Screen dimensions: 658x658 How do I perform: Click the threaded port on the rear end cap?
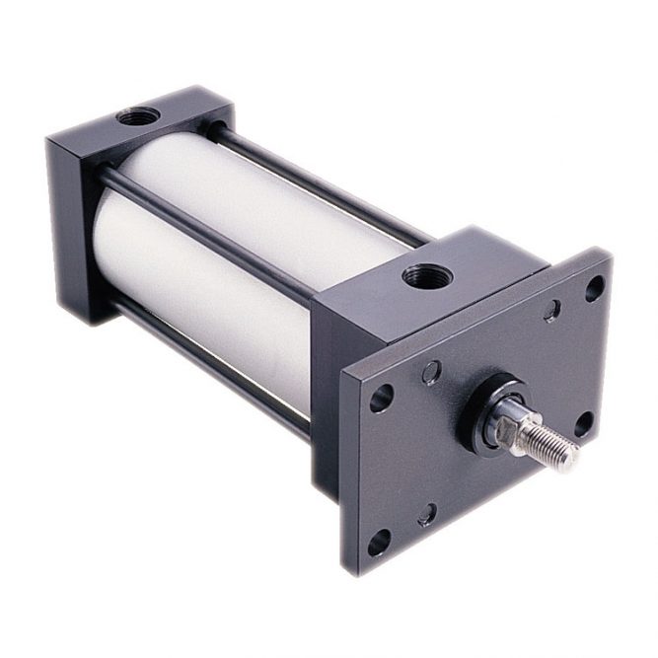[138, 116]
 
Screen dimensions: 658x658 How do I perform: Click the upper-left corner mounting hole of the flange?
[382, 398]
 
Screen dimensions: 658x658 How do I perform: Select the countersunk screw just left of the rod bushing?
[431, 372]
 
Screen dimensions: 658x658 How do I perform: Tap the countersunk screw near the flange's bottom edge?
[427, 514]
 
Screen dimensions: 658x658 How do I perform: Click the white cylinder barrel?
[227, 247]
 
